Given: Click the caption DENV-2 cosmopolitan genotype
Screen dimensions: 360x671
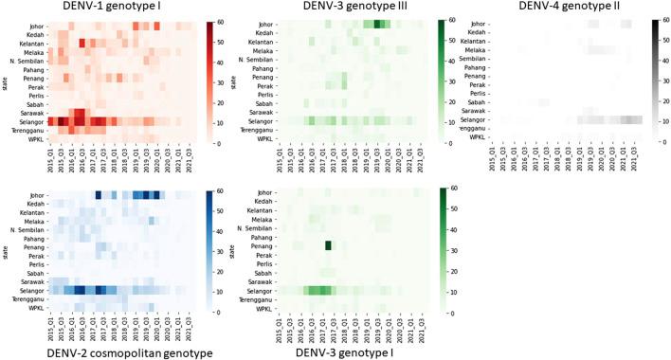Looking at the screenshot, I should (x=106, y=352).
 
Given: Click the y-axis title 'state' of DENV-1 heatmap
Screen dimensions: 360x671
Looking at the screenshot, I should (x=6, y=81).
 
